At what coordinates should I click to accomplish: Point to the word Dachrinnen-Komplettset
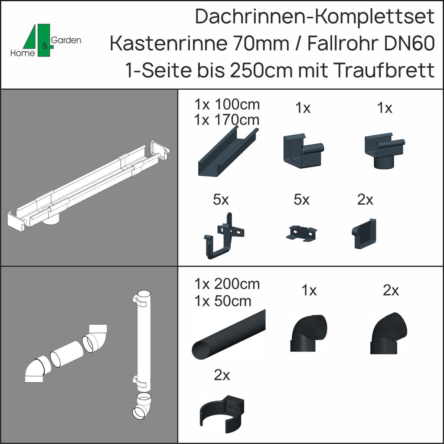point(314,17)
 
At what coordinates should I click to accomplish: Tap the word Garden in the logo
point(66,40)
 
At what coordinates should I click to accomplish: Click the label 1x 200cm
point(227,284)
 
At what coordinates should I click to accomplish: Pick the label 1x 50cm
point(223,300)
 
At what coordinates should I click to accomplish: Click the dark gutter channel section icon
point(228,152)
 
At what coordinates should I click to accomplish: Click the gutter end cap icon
point(364,234)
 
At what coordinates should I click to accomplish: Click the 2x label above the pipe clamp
point(222,376)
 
